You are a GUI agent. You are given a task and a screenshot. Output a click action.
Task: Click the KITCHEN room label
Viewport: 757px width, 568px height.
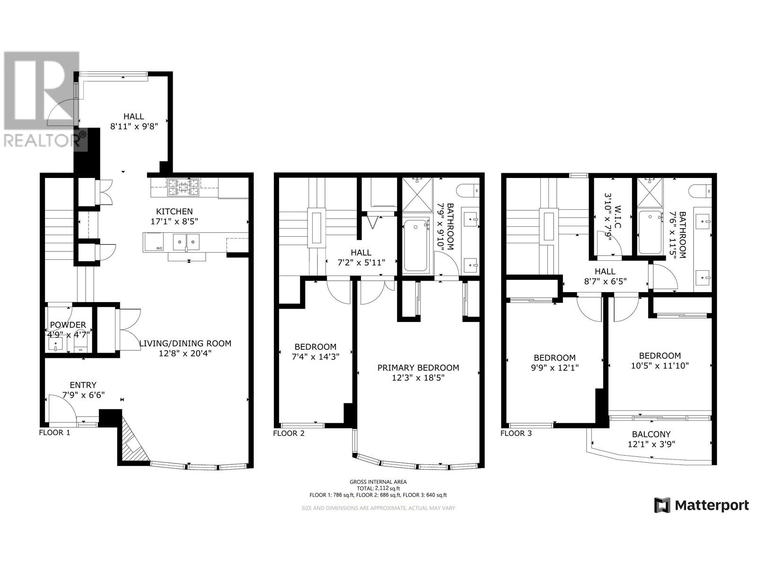pos(174,212)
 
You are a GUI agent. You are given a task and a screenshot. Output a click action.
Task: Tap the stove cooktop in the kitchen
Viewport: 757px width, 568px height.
pos(183,186)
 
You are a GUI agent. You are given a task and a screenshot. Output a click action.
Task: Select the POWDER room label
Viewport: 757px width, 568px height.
pos(68,325)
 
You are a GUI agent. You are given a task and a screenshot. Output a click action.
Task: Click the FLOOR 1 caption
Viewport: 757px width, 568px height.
pos(54,432)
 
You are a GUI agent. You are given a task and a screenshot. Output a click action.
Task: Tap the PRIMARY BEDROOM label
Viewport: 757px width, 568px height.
pos(418,368)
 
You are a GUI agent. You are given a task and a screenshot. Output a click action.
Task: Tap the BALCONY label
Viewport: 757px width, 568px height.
pos(651,434)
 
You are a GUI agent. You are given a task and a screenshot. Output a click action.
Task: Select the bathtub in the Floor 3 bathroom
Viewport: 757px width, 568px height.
pos(651,232)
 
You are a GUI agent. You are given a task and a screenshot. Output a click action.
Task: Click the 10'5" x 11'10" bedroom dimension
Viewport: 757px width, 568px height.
pos(660,365)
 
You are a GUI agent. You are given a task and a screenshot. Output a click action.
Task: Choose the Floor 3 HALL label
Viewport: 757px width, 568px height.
pos(605,271)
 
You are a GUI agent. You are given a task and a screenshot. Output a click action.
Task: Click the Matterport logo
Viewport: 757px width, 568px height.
pos(701,505)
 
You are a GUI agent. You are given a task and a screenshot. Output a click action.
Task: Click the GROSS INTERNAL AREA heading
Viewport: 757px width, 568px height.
pos(378,482)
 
